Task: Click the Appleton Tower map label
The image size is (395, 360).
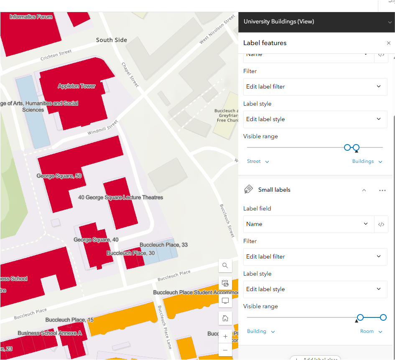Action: click(76, 86)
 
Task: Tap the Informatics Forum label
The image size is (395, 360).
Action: click(31, 17)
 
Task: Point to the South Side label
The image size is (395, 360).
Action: click(111, 40)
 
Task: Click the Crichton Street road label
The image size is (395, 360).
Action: click(56, 55)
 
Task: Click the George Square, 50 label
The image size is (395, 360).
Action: click(59, 176)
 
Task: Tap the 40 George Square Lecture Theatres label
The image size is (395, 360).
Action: click(120, 197)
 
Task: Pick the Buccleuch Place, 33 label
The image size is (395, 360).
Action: click(163, 245)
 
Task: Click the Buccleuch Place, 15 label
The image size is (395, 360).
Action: click(69, 320)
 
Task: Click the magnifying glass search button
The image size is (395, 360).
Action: click(225, 266)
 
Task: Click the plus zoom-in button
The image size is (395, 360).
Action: click(225, 336)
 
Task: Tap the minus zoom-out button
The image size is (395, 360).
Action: click(225, 350)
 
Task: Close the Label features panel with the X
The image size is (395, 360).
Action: click(389, 43)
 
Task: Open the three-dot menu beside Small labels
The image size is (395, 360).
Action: click(382, 190)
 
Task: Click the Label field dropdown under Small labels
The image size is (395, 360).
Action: click(307, 224)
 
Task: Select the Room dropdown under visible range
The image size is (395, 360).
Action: click(371, 331)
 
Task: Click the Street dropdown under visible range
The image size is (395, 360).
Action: click(257, 161)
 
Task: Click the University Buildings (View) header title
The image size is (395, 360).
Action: click(279, 22)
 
